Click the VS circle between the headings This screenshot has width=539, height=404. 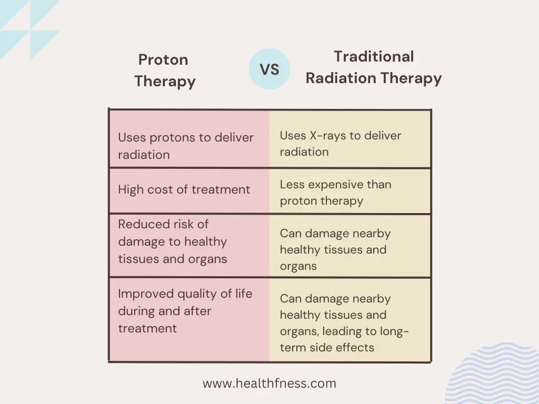pyautogui.click(x=269, y=69)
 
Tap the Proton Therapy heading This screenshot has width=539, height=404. pyautogui.click(x=164, y=70)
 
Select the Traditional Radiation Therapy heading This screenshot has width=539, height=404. pyautogui.click(x=374, y=67)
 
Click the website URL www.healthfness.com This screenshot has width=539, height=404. pyautogui.click(x=269, y=383)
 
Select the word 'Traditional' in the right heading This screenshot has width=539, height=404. pyautogui.click(x=374, y=56)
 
